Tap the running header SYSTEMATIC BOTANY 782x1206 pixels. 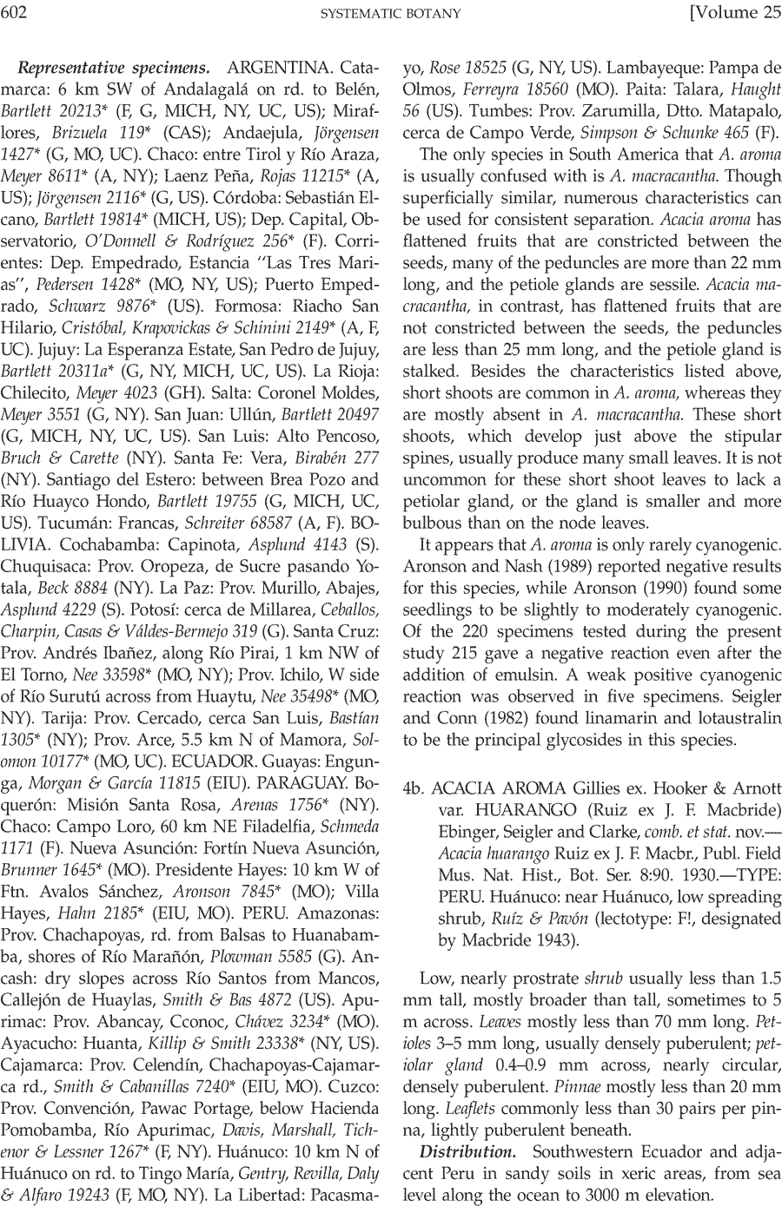tap(390, 13)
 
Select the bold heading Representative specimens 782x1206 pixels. tap(114, 67)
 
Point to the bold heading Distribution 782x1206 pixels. tap(468, 1152)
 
